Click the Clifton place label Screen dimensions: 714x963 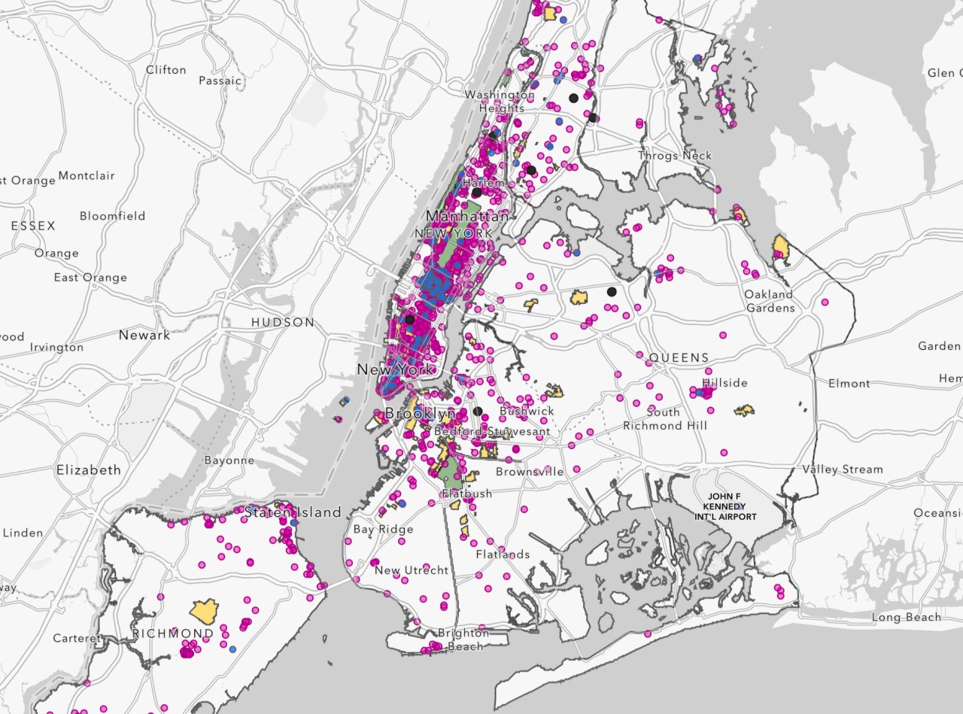166,70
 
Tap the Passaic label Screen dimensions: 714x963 220,81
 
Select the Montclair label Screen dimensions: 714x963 87,176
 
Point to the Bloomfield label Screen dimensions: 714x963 112,216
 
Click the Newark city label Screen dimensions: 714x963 144,335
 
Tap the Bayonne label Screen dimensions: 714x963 229,460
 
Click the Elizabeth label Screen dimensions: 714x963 88,469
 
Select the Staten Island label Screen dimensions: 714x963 293,512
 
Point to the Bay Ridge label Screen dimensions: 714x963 383,530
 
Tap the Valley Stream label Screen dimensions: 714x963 842,469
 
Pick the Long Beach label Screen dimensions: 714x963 906,618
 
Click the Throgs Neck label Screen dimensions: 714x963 675,156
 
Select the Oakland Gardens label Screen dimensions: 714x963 769,301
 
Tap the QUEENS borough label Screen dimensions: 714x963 679,358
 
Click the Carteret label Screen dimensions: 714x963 76,638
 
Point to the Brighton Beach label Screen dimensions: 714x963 463,640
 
